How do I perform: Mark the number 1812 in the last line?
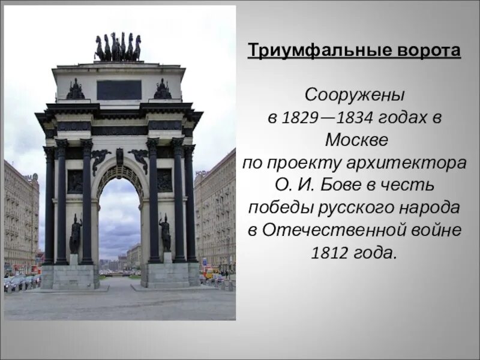pyautogui.click(x=330, y=252)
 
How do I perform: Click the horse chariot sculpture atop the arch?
pyautogui.click(x=118, y=47)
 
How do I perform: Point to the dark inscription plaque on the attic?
pyautogui.click(x=119, y=90)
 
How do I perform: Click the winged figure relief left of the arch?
pyautogui.click(x=100, y=159)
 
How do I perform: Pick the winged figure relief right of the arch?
pyautogui.click(x=140, y=159)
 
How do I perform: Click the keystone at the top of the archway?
pyautogui.click(x=119, y=157)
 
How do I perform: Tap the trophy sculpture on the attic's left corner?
pyautogui.click(x=76, y=90)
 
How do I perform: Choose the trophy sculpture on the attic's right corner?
pyautogui.click(x=163, y=90)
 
